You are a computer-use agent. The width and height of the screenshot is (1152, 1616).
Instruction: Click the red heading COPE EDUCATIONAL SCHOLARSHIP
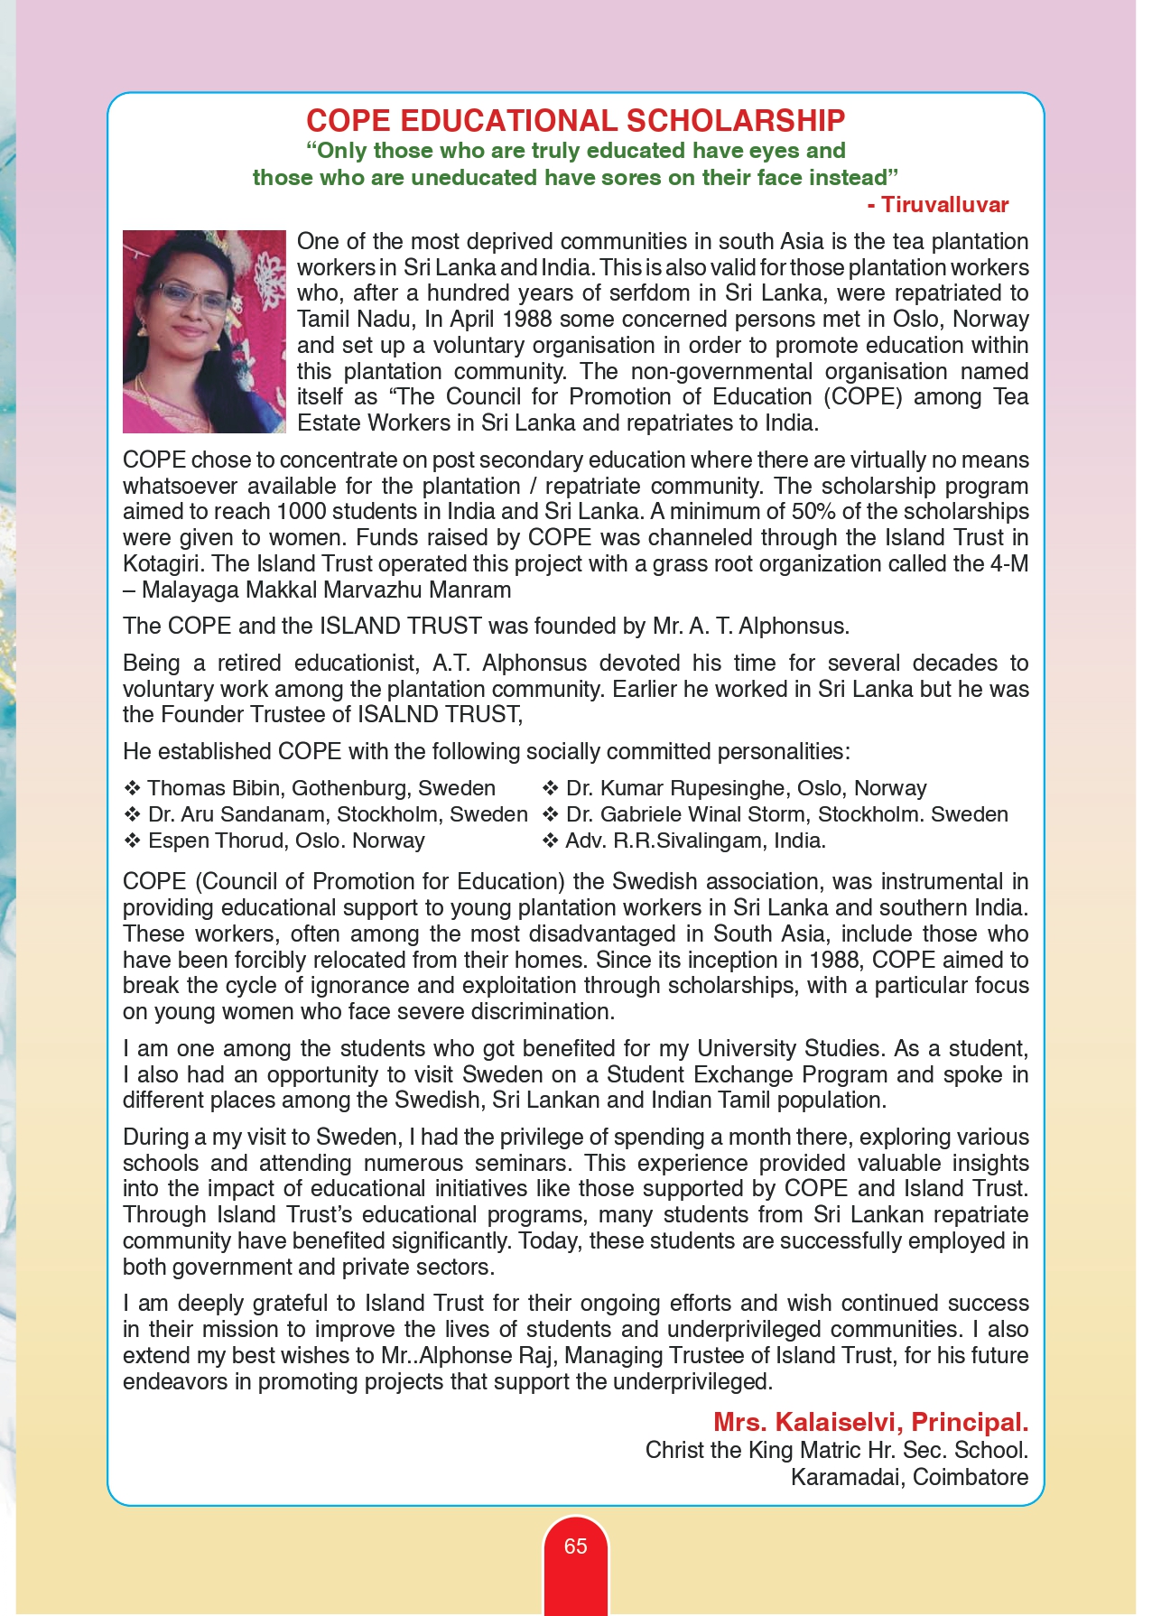575,121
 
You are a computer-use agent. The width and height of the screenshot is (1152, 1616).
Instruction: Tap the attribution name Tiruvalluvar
944,205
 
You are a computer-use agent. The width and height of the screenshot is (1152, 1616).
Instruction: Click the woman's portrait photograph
203,331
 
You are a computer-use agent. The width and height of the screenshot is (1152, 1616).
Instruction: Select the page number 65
575,1546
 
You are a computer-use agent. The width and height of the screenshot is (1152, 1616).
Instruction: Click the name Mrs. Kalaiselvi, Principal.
870,1423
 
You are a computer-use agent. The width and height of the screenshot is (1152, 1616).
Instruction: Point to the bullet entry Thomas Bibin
321,788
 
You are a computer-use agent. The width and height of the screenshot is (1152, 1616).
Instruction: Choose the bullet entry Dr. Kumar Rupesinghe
746,788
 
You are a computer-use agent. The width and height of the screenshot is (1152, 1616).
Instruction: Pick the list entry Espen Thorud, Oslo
285,841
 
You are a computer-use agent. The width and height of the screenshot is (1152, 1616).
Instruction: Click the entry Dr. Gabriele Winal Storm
786,814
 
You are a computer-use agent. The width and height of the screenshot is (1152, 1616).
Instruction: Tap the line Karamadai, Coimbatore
909,1478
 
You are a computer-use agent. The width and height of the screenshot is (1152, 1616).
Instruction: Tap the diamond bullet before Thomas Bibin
132,788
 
